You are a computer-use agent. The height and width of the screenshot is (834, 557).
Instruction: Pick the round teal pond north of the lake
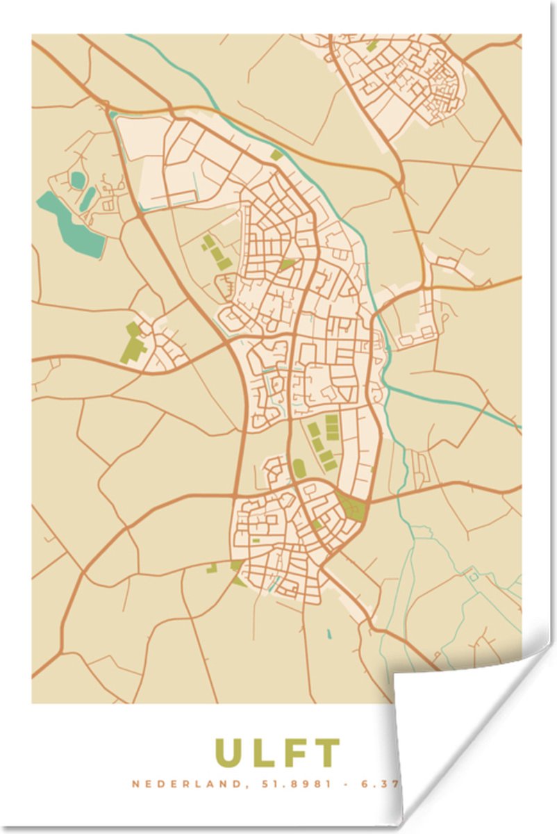coord(76,180)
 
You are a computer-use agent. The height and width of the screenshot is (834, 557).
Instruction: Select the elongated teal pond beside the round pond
coord(88,197)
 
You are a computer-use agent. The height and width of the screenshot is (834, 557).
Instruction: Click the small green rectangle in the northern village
coord(372,45)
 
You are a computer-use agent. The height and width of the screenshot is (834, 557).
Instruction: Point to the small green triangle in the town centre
coord(286,265)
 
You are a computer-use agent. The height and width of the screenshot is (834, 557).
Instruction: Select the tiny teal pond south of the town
coord(329,635)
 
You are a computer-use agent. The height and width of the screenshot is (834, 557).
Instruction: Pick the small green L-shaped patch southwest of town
coord(210,568)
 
